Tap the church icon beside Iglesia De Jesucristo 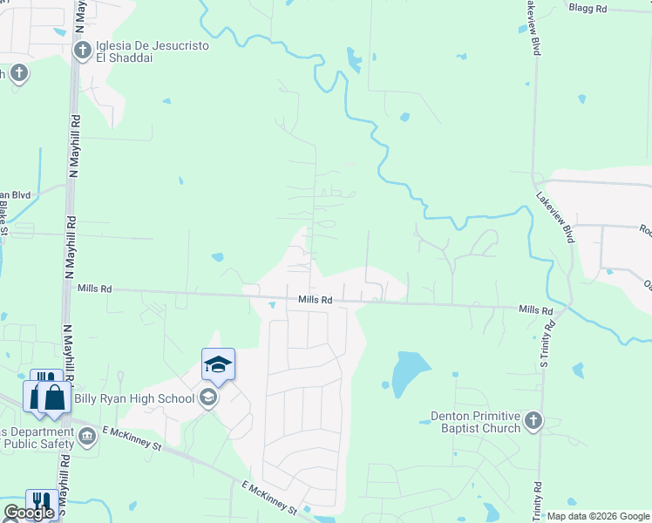click(x=83, y=50)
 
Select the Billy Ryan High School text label click(x=146, y=399)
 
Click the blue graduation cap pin click(x=218, y=364)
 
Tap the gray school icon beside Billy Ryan click(x=207, y=398)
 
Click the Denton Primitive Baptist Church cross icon click(x=533, y=422)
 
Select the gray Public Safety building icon click(x=86, y=435)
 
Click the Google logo click(x=29, y=513)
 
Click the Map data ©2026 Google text click(x=598, y=517)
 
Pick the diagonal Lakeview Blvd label click(x=555, y=218)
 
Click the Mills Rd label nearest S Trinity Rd click(x=535, y=310)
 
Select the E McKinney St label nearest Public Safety click(x=132, y=438)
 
